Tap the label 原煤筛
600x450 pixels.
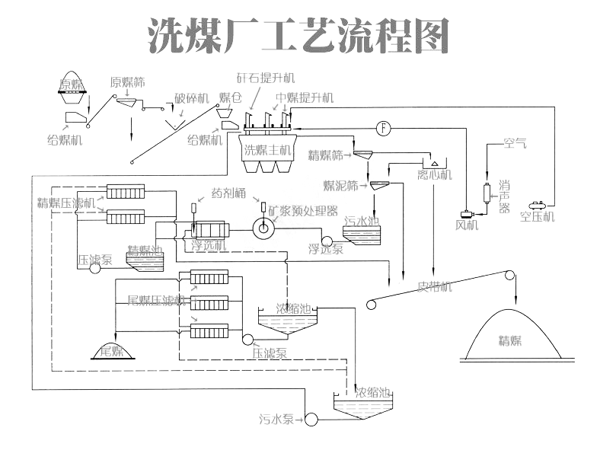[127, 82]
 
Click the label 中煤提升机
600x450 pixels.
[305, 97]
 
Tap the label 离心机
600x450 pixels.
[435, 175]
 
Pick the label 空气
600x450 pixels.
[515, 142]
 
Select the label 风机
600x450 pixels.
[466, 225]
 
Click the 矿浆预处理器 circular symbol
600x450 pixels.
[265, 227]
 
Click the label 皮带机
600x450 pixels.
[435, 287]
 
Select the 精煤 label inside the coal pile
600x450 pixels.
[510, 340]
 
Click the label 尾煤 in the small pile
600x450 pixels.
[112, 351]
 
